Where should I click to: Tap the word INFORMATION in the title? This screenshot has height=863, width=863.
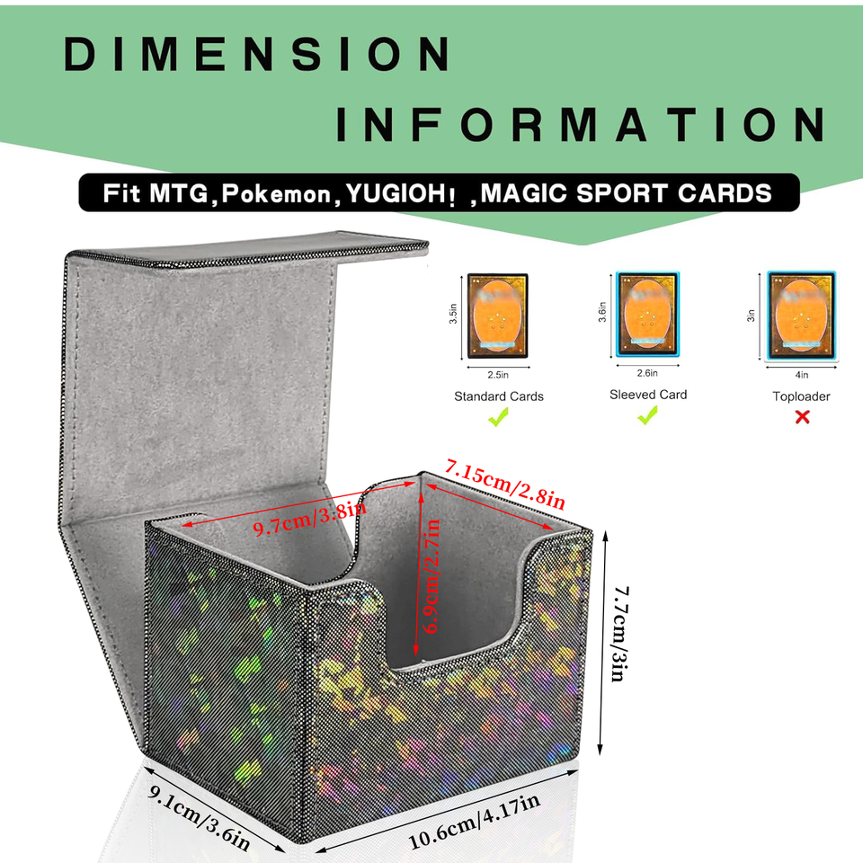581,124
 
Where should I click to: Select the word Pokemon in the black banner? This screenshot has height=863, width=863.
280,193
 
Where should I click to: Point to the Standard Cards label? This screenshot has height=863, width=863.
499,396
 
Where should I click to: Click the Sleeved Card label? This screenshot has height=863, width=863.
648,394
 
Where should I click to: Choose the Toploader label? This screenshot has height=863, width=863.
801,396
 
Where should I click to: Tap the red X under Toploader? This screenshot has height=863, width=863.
802,416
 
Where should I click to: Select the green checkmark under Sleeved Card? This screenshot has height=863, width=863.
647,415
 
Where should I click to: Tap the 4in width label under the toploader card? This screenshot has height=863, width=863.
801,374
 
